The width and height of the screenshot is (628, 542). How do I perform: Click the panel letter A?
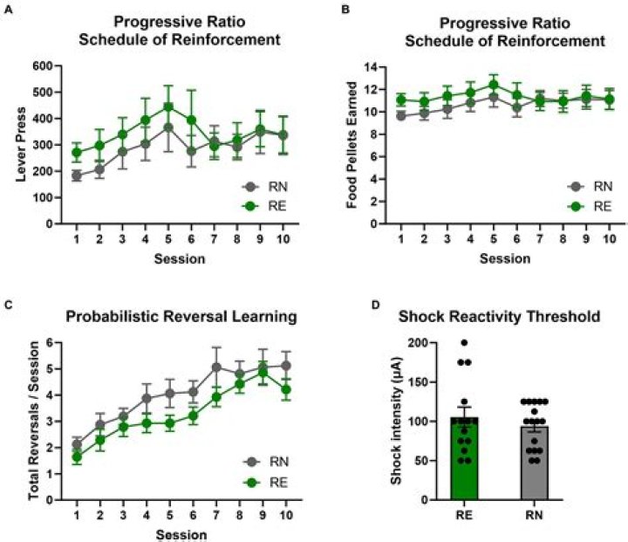coord(7,9)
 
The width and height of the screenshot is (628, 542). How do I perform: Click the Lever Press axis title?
coord(19,144)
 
